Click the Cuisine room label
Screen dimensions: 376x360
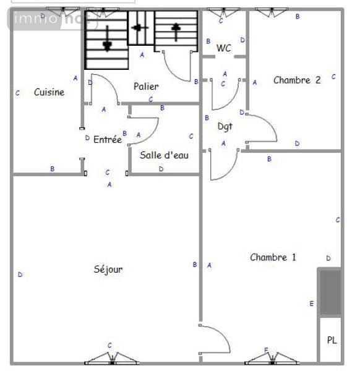49,92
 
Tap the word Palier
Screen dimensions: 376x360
146,87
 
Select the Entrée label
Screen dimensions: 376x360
107,140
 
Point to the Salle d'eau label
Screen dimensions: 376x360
164,155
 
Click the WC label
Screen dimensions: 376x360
224,48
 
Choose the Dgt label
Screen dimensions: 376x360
225,126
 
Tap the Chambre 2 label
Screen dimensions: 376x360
297,80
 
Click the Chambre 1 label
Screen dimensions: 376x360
273,257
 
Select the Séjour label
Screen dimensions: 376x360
108,269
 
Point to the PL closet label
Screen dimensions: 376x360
332,340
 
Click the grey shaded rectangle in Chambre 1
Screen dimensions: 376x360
330,292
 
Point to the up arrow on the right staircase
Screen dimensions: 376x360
176,28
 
